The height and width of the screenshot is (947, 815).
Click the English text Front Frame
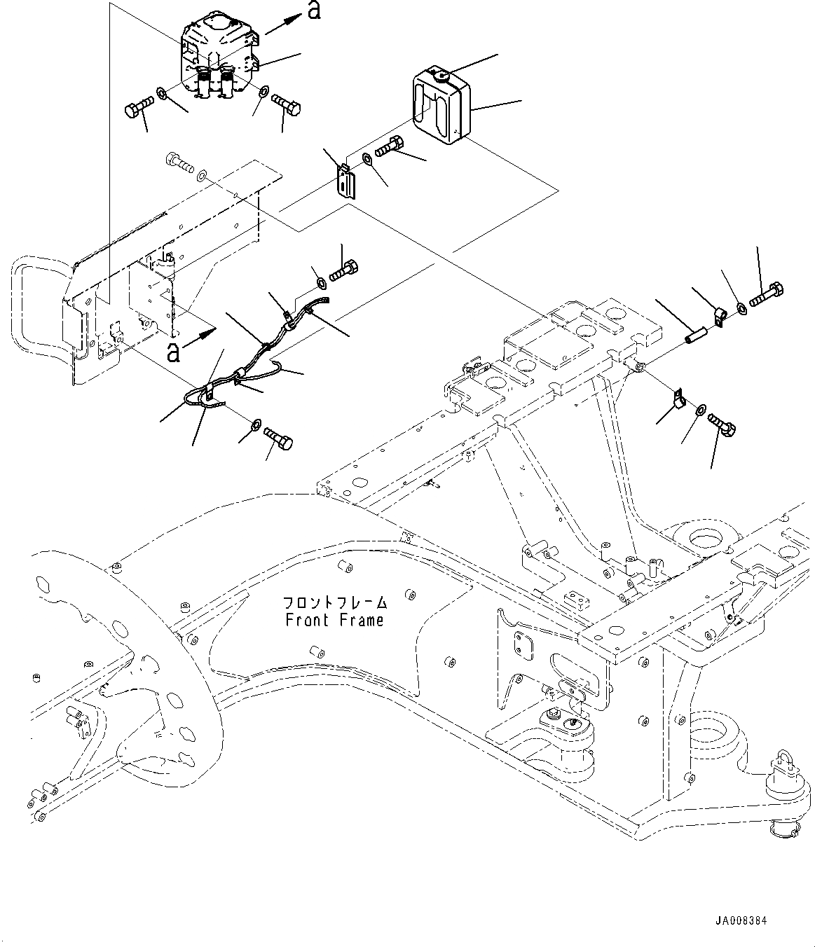(334, 621)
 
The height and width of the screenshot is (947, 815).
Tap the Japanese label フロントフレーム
(334, 602)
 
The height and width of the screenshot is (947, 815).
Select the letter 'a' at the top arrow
(313, 11)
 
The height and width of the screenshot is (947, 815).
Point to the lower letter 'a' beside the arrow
(173, 352)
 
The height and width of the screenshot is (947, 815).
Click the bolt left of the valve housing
(140, 106)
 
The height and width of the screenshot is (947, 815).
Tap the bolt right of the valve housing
(286, 104)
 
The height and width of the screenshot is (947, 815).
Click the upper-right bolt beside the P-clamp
(767, 295)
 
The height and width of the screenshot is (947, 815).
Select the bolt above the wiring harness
(343, 270)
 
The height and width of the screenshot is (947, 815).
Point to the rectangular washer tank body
(442, 105)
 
